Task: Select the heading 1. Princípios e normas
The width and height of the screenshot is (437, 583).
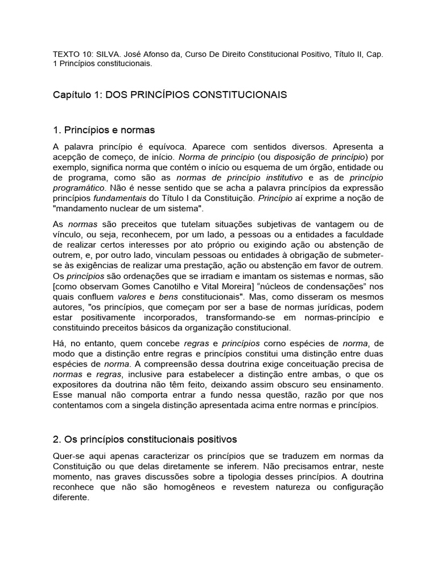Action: pos(104,130)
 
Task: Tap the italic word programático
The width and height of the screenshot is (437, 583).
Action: pos(79,187)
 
